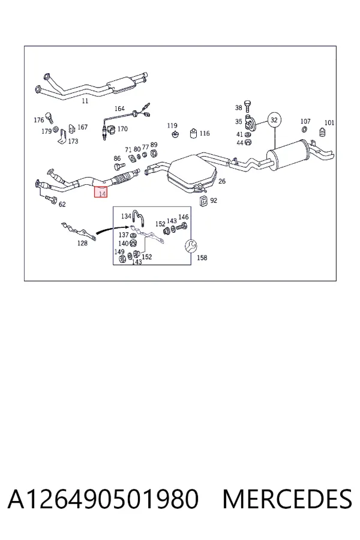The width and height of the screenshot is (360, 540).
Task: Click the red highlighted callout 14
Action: [x=101, y=192]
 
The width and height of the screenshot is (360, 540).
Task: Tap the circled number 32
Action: [x=274, y=120]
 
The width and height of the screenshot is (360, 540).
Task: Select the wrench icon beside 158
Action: [x=190, y=245]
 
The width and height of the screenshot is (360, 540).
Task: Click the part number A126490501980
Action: [x=103, y=499]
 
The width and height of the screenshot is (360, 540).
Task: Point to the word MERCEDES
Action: [x=287, y=499]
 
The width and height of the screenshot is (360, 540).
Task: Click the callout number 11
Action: [x=85, y=101]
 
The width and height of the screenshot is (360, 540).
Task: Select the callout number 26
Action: [x=222, y=181]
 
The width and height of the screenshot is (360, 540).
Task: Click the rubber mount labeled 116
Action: [x=194, y=133]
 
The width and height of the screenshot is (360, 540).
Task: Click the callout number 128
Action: [x=82, y=243]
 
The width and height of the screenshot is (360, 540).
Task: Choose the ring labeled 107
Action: [x=305, y=130]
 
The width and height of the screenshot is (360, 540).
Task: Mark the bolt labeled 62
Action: [x=50, y=199]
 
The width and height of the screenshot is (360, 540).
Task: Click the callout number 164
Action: [x=119, y=109]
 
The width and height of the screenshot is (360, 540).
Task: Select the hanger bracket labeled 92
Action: [x=204, y=200]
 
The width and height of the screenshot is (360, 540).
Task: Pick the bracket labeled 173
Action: [x=62, y=136]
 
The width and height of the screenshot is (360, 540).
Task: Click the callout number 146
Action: [x=183, y=217]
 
